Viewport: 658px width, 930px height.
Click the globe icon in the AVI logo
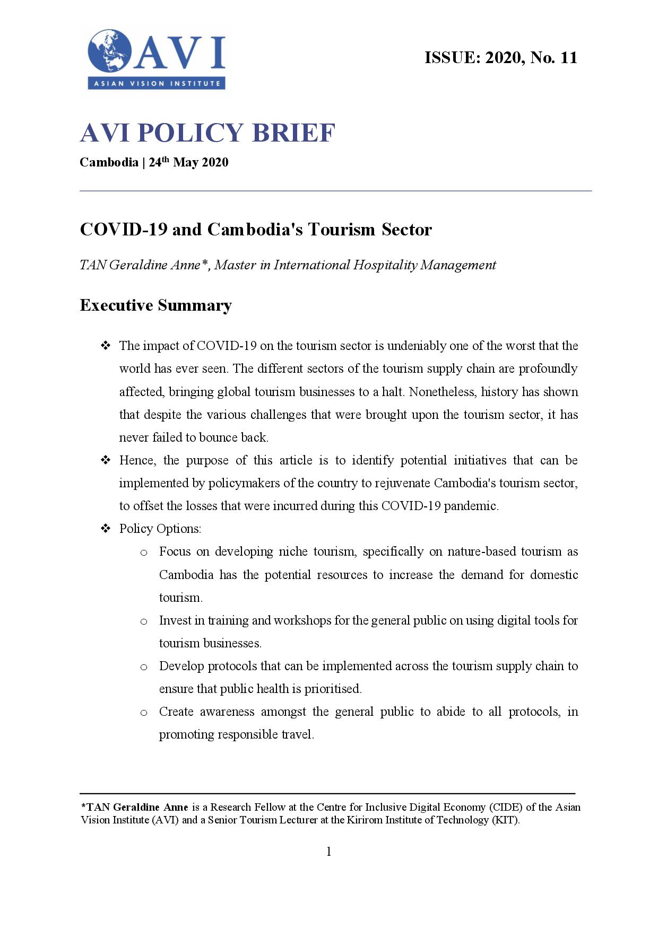click(109, 51)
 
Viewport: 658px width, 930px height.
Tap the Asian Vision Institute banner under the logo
click(157, 83)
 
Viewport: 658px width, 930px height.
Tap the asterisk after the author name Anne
click(204, 264)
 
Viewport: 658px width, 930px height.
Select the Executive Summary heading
click(155, 305)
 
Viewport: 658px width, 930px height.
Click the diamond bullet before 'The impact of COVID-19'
click(106, 346)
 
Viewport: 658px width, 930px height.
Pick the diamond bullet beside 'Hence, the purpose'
click(106, 460)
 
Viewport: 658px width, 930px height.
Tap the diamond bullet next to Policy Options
click(106, 529)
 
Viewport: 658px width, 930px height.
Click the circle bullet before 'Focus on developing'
click(144, 553)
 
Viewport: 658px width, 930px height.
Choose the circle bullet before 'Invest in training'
click(144, 621)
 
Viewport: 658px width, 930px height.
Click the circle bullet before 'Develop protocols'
click(144, 667)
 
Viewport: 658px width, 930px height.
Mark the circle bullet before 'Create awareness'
click(144, 713)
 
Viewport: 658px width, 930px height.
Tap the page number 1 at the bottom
click(329, 852)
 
